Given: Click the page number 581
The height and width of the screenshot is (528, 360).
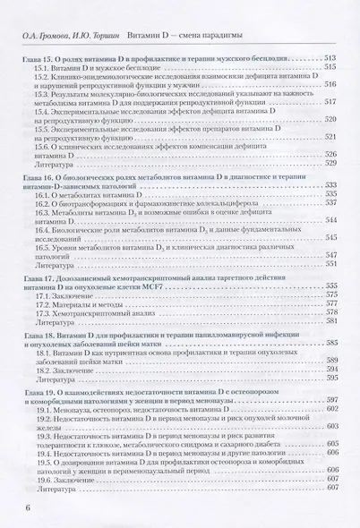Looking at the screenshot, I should pyautogui.click(x=329, y=319).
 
